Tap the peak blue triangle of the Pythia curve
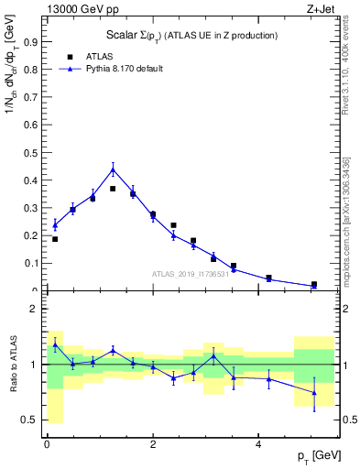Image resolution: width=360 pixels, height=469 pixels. (113, 169)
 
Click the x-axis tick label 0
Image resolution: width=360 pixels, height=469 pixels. (47, 445)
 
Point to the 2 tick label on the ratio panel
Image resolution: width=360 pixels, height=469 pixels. (34, 310)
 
